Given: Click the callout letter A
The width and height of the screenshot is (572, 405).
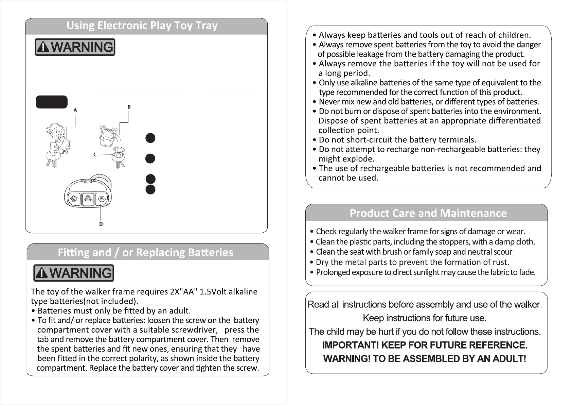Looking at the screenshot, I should pyautogui.click(x=75, y=110).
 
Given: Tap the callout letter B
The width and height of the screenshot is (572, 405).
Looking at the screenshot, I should pyautogui.click(x=129, y=107).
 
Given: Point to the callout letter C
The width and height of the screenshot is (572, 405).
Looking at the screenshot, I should pyautogui.click(x=95, y=155).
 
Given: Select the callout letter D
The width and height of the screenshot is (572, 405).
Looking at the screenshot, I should pyautogui.click(x=101, y=224).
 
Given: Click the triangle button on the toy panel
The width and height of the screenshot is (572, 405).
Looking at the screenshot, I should pyautogui.click(x=88, y=199).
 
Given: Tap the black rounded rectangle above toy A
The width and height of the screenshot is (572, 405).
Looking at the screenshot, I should pyautogui.click(x=52, y=102).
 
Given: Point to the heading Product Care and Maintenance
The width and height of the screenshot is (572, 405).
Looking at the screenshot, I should pyautogui.click(x=428, y=213).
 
